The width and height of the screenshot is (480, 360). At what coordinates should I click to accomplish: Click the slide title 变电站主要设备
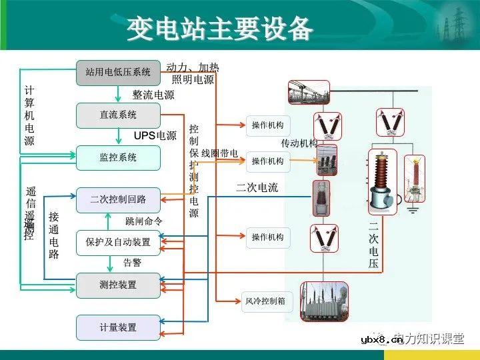click(x=219, y=28)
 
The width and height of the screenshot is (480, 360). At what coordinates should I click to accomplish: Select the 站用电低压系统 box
click(x=118, y=72)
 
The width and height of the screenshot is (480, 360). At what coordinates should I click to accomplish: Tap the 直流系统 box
click(x=118, y=115)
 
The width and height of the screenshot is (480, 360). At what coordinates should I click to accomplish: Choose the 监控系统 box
click(x=118, y=158)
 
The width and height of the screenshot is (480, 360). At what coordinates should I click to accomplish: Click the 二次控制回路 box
click(x=118, y=199)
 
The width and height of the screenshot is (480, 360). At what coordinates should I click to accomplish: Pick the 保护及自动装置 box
click(x=118, y=242)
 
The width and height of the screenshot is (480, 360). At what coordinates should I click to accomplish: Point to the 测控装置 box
click(x=118, y=285)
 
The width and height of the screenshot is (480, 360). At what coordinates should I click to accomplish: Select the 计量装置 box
click(x=118, y=327)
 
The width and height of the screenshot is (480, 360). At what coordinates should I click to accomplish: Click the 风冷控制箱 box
click(x=265, y=301)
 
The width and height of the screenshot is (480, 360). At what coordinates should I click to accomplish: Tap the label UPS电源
click(x=155, y=136)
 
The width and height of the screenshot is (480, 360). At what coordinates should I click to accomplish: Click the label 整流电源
click(x=153, y=95)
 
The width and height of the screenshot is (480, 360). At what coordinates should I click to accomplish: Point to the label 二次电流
click(x=257, y=188)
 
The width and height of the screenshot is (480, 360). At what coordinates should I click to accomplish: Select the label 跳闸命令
click(x=144, y=221)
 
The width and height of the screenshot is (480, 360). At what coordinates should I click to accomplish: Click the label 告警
click(x=132, y=263)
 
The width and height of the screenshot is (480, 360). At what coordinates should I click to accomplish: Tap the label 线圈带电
click(x=220, y=153)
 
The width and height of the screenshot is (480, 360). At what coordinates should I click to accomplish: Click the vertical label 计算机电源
click(x=29, y=115)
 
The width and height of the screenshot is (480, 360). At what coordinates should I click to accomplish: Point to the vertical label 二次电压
click(x=373, y=244)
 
